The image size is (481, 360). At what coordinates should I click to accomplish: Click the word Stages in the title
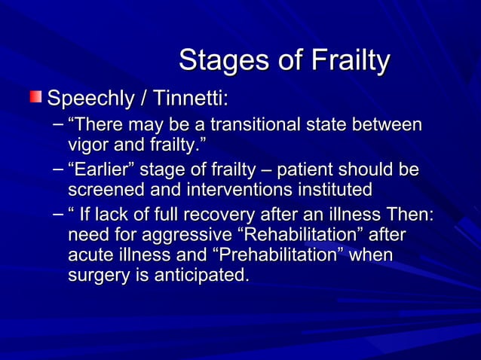(214, 61)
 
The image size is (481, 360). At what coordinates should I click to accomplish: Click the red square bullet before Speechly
(36, 97)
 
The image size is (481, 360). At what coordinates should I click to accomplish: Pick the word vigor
(87, 143)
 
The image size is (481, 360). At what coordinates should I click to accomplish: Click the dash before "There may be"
(59, 124)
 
